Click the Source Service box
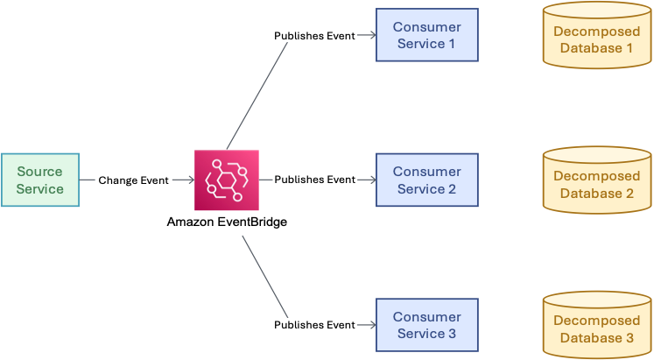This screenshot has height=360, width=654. pos(40,180)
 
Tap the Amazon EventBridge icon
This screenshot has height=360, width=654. pos(227,180)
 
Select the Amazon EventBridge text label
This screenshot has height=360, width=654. pos(227,222)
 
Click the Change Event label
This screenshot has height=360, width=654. pos(133,180)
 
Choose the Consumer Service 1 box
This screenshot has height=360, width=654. pos(427,35)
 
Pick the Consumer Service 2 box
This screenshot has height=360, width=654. pos(427,180)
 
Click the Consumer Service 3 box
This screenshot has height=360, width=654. pos(427,325)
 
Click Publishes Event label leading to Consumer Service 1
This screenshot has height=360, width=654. pos(314,36)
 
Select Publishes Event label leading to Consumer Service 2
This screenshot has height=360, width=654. pos(314,180)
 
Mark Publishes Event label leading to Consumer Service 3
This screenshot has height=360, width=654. pos(314,325)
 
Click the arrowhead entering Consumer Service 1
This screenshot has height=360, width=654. pos(372,36)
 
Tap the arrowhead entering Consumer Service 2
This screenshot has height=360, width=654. pos(372,180)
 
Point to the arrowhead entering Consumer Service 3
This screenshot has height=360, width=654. pos(372,325)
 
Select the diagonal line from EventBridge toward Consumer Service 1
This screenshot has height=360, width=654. pos(257,94)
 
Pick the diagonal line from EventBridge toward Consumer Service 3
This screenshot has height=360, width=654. pos(264,278)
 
